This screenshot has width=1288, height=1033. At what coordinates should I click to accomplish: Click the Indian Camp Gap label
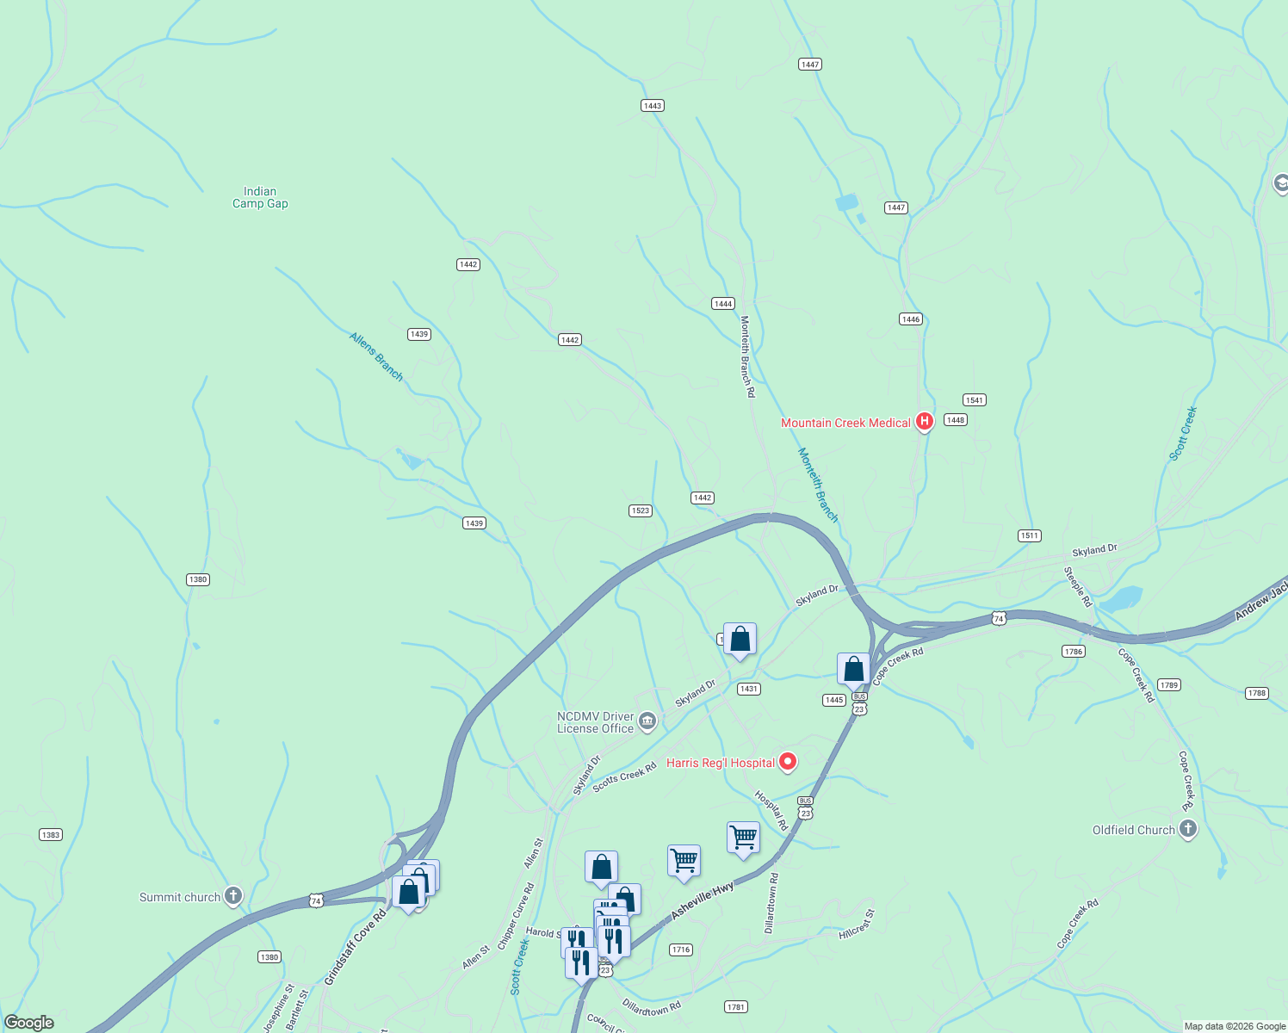[x=260, y=197]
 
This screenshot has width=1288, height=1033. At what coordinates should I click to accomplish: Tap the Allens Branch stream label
[x=376, y=356]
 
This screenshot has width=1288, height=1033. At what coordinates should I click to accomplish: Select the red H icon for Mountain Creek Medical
[x=925, y=422]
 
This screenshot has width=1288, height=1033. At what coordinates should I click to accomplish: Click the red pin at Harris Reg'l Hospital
[x=787, y=762]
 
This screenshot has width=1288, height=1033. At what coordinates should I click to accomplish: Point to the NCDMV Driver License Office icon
[x=647, y=721]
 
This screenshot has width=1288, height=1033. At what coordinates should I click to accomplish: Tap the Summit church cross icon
[x=232, y=896]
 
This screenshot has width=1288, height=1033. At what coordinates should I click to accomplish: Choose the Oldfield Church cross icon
[x=1188, y=829]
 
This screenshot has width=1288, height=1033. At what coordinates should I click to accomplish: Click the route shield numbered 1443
[x=653, y=106]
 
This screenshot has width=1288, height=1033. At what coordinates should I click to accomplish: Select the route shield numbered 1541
[x=974, y=400]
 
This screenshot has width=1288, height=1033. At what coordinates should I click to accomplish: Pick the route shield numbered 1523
[x=641, y=510]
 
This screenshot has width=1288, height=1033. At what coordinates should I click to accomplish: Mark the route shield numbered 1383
[x=51, y=835]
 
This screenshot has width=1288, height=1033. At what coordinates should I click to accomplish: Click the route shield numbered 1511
[x=1030, y=535]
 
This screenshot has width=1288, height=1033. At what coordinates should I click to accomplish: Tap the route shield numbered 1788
[x=1257, y=693]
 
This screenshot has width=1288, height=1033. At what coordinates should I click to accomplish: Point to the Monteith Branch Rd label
[x=747, y=356]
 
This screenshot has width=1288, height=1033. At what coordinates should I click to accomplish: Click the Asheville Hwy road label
[x=702, y=901]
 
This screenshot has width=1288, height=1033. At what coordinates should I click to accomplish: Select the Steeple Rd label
[x=1077, y=587]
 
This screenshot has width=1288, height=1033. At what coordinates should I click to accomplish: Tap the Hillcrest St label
[x=857, y=925]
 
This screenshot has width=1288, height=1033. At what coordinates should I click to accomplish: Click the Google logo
[x=29, y=1023]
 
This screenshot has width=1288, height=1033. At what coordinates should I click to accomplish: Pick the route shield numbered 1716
[x=681, y=949]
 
